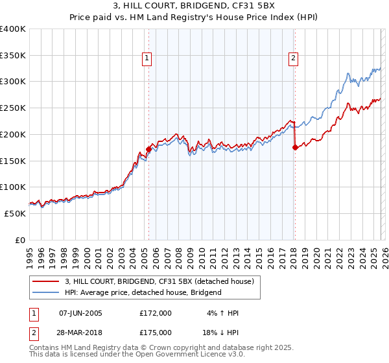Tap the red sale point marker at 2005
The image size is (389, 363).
[148, 148]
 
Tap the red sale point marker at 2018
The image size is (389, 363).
[295, 147]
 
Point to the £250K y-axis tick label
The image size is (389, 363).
[13, 108]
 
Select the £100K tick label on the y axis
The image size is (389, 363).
[13, 187]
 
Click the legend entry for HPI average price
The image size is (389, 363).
[143, 292]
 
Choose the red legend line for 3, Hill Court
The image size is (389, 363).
[45, 281]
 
